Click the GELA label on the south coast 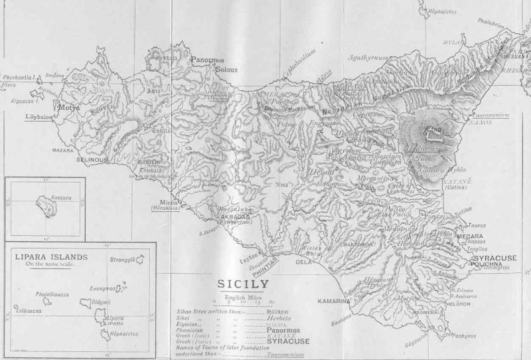point(303,262)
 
